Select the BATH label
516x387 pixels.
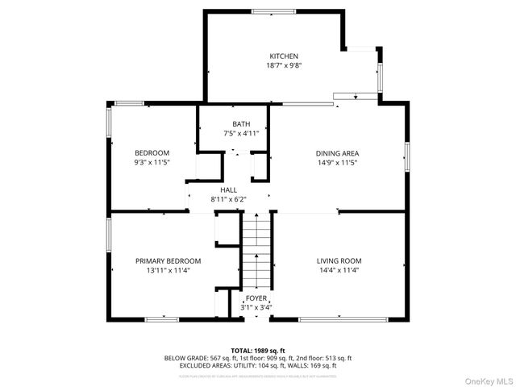pyautogui.click(x=241, y=124)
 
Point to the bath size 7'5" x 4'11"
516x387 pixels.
pyautogui.click(x=241, y=134)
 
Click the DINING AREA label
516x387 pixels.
pyautogui.click(x=337, y=153)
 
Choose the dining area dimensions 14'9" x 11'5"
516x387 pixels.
pyautogui.click(x=337, y=163)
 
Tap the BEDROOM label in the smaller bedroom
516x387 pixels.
pyautogui.click(x=152, y=153)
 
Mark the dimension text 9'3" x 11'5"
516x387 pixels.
pyautogui.click(x=152, y=163)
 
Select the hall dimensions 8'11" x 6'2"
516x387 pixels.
pyautogui.click(x=228, y=198)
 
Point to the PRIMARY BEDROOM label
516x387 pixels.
pyautogui.click(x=168, y=261)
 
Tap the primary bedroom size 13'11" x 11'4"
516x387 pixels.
pyautogui.click(x=168, y=271)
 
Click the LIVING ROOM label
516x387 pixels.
pyautogui.click(x=339, y=261)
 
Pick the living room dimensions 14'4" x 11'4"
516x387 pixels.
pyautogui.click(x=339, y=271)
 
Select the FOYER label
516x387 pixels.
pyautogui.click(x=256, y=298)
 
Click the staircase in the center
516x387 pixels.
pyautogui.click(x=256, y=250)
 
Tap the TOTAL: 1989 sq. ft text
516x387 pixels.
pyautogui.click(x=258, y=351)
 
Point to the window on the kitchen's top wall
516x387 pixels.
pyautogui.click(x=273, y=11)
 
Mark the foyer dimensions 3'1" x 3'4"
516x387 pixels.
pyautogui.click(x=256, y=307)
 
